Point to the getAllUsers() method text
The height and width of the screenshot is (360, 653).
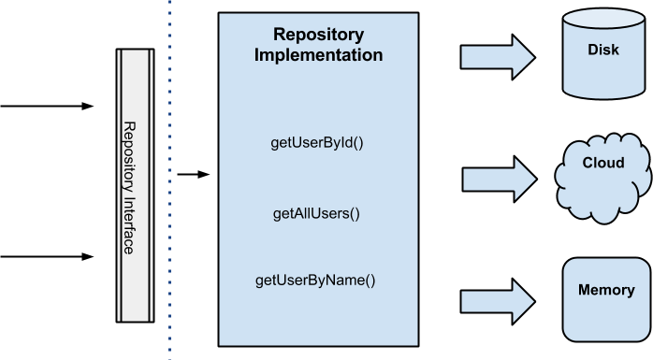click(316, 213)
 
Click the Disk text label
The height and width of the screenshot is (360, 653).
click(603, 50)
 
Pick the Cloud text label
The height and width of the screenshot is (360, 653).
click(603, 163)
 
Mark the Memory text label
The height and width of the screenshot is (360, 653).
click(606, 290)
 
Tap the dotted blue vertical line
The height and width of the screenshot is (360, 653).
click(169, 187)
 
